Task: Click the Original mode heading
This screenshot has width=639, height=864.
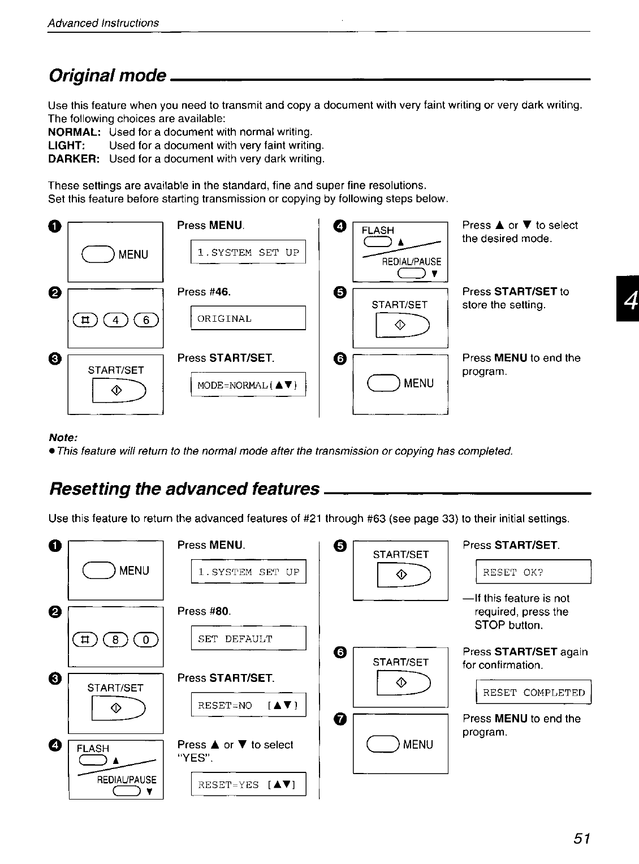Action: click(107, 75)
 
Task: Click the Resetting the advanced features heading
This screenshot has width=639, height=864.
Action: click(184, 489)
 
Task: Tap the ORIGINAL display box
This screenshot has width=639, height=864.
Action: click(248, 318)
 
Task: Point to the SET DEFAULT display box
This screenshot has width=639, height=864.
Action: click(248, 639)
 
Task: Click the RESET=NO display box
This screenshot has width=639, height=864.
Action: click(248, 705)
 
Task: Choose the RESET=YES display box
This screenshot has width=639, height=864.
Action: click(248, 785)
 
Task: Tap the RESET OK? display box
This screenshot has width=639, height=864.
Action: click(533, 572)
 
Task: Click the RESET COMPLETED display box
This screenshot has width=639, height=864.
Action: click(533, 693)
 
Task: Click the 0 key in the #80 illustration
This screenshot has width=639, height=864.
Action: click(149, 640)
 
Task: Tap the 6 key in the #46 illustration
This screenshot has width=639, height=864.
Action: click(149, 320)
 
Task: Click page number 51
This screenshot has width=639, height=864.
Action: click(581, 839)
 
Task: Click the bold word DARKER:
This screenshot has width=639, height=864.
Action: click(74, 159)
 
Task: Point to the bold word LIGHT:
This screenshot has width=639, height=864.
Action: click(67, 145)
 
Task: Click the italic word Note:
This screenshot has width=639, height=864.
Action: click(63, 438)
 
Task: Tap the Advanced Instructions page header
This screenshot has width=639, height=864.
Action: click(103, 23)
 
